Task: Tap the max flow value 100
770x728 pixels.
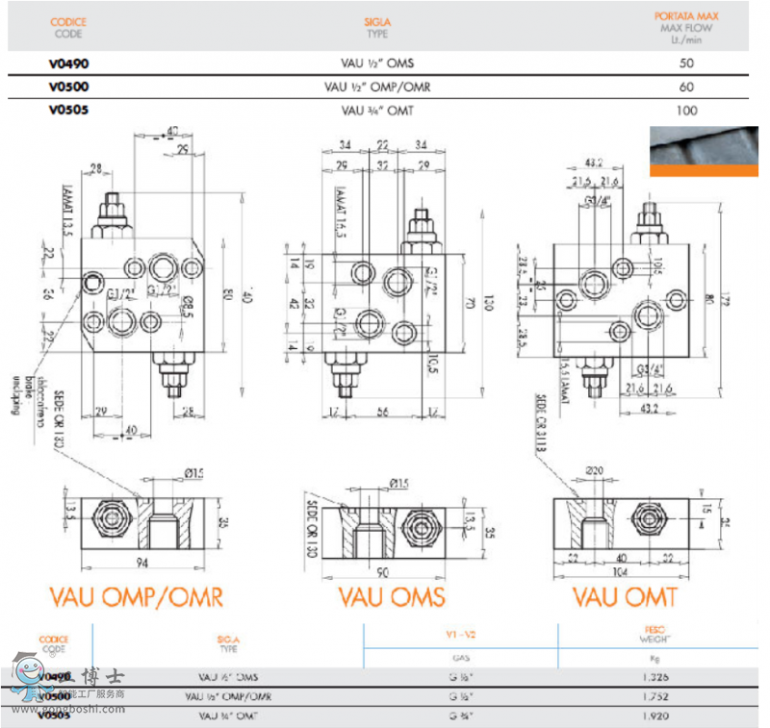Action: pyautogui.click(x=685, y=111)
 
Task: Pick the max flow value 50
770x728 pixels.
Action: pyautogui.click(x=685, y=63)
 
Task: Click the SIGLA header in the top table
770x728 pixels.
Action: pyautogui.click(x=377, y=20)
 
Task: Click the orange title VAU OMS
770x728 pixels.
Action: pyautogui.click(x=392, y=597)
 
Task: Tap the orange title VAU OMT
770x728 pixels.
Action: pyautogui.click(x=625, y=597)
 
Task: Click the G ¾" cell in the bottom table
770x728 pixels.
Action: pyautogui.click(x=458, y=716)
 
